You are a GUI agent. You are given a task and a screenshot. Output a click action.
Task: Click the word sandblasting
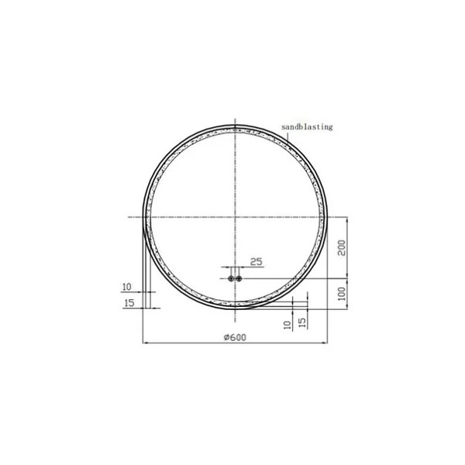click(x=307, y=127)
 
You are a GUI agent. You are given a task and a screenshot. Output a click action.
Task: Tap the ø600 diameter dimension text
click(x=235, y=337)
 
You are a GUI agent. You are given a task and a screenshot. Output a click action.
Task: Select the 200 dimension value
click(x=342, y=248)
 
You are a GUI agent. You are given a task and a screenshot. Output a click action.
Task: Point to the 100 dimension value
click(x=342, y=294)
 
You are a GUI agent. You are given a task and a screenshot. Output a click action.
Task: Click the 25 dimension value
click(x=257, y=262)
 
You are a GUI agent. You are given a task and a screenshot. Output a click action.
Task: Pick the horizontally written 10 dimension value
click(x=126, y=287)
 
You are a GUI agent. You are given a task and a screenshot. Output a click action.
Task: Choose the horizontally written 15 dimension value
click(x=129, y=303)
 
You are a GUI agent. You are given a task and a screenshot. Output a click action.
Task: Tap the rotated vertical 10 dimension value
click(x=288, y=325)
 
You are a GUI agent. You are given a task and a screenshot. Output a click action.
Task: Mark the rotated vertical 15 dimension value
click(x=302, y=322)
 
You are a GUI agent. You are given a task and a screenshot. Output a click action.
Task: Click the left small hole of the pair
click(x=231, y=278)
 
